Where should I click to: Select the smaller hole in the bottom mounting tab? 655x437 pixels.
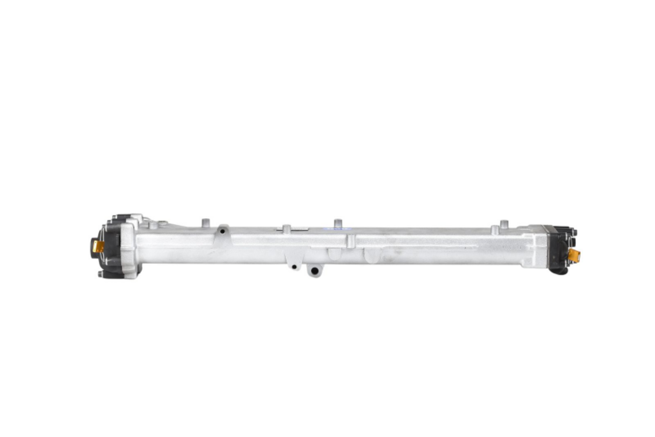pos(294,267)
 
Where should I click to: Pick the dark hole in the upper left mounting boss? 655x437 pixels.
pos(223,231)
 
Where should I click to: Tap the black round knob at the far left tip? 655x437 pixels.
pos(93,244)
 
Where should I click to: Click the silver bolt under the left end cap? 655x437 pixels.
pos(100,275)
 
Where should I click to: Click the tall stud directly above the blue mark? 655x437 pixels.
pos(337,223)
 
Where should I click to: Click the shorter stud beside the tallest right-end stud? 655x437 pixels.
pos(494,229)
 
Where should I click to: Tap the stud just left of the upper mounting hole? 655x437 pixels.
pos(205,223)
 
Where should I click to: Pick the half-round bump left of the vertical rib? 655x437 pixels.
pos(333,255)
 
